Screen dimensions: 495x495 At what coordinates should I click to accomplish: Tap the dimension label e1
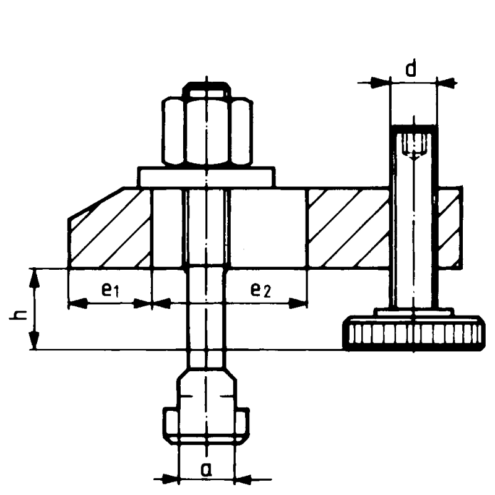click(110, 290)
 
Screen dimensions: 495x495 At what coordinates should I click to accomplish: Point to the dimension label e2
click(260, 290)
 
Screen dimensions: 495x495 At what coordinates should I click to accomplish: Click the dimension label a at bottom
click(207, 470)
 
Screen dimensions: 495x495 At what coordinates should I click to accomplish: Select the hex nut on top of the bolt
click(207, 131)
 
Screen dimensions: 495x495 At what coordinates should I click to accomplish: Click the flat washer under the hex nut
click(207, 177)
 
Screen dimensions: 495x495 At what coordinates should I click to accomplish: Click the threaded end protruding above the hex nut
click(207, 88)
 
